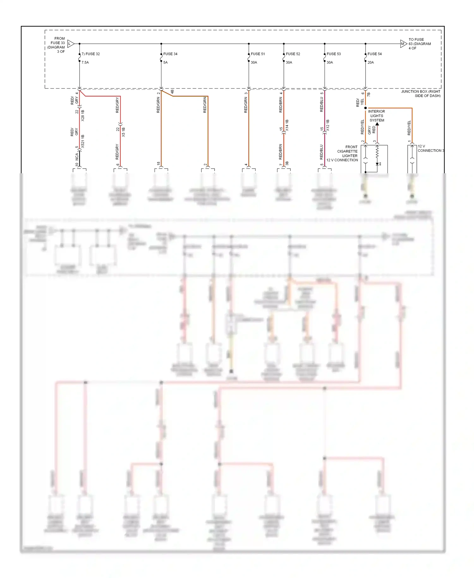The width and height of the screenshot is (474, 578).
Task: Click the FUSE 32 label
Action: (x=92, y=54)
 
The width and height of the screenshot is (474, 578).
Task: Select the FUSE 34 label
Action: (x=170, y=54)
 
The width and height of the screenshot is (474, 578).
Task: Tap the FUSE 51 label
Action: (x=258, y=54)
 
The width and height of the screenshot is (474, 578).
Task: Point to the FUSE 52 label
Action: (x=293, y=54)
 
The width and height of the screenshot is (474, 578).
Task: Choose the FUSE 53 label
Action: (x=334, y=54)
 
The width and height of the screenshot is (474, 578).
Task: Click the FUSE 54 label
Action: (x=374, y=54)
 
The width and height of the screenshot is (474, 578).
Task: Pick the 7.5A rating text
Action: (x=85, y=63)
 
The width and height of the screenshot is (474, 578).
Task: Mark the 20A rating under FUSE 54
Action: (x=371, y=63)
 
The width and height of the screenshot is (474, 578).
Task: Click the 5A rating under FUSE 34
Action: (x=166, y=63)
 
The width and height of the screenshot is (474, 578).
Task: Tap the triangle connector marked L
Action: (x=71, y=44)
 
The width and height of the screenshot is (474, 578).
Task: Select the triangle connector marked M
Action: (x=403, y=44)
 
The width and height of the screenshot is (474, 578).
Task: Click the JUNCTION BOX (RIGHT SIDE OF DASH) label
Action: (x=421, y=94)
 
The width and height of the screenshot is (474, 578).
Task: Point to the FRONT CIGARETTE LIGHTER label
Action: (x=348, y=151)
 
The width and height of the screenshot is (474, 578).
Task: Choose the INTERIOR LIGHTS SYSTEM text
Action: (x=377, y=116)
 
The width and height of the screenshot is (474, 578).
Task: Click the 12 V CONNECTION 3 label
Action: (x=430, y=148)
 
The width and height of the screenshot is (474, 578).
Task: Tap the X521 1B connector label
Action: (x=83, y=141)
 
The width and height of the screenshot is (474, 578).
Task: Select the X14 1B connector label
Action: (x=287, y=125)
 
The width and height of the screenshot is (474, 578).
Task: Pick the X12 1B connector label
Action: (x=328, y=125)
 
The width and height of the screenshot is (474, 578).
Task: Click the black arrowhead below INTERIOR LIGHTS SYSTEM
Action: (x=377, y=124)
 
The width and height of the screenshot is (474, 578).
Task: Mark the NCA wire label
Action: (x=77, y=157)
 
